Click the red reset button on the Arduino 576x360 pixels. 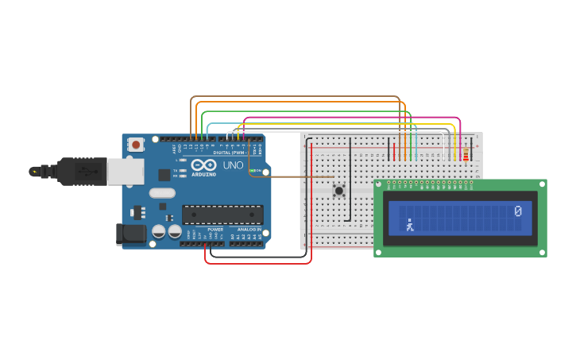click(x=136, y=145)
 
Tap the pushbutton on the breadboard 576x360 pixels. click(x=339, y=190)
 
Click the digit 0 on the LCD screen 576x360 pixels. click(x=518, y=211)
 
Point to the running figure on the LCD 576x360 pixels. click(x=409, y=225)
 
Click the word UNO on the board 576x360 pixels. click(x=234, y=165)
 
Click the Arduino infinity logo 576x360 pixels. click(x=203, y=165)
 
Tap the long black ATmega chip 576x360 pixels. click(x=222, y=215)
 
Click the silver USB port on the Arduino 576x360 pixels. click(x=126, y=172)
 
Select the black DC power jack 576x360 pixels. click(x=130, y=234)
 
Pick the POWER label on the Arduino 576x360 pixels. click(x=215, y=230)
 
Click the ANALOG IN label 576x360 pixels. click(x=249, y=230)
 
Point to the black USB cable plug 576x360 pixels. click(x=79, y=171)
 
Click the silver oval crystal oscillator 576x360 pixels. click(x=162, y=192)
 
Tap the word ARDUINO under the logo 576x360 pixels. click(x=203, y=174)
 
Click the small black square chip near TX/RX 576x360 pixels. click(x=164, y=175)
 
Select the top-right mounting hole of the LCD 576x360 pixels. click(x=541, y=185)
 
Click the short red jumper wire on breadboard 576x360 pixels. click(x=394, y=150)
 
